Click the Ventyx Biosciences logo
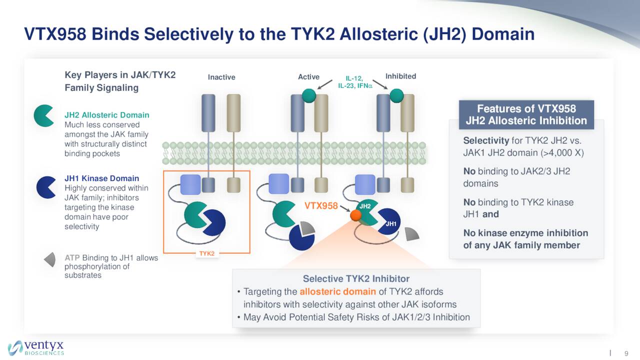[x=36, y=347]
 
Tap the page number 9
[x=626, y=353]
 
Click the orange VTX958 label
[x=321, y=205]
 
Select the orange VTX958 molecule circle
[x=355, y=215]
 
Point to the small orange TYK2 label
[x=206, y=253]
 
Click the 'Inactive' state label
[x=221, y=77]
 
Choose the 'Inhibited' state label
[x=400, y=76]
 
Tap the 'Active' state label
[x=308, y=76]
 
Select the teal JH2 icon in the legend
[x=44, y=115]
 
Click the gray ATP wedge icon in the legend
[x=50, y=259]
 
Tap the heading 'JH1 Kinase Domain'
[x=101, y=178]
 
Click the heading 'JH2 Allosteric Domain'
[x=106, y=115]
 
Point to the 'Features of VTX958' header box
[x=526, y=114]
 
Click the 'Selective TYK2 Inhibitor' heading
[x=356, y=278]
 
